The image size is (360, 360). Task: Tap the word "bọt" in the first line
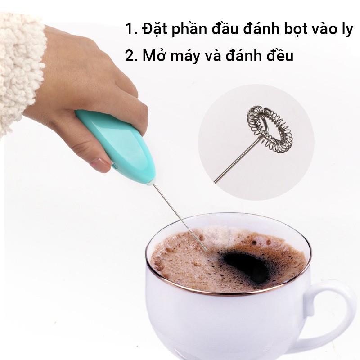pos(294,29)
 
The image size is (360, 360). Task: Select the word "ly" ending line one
pos(346,30)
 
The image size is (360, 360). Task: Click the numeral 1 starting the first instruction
pos(129,30)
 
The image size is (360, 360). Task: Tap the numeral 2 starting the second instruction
pos(130,56)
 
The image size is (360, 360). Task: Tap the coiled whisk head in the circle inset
pos(269,127)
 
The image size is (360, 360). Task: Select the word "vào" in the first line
pos(324,30)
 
